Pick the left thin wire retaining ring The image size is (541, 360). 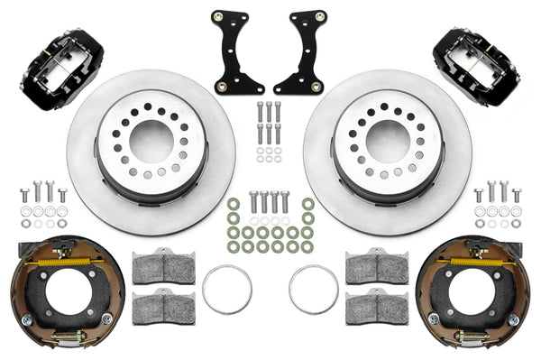coord(226,290)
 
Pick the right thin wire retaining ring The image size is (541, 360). coord(313,290)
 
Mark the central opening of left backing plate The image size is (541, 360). coord(59,293)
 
